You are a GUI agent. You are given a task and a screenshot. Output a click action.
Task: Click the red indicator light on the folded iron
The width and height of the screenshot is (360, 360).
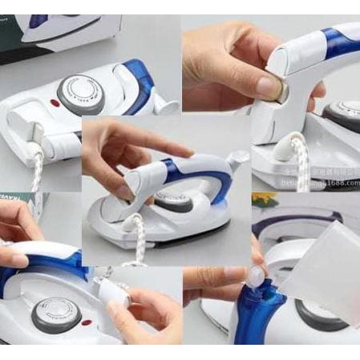coord(56,103)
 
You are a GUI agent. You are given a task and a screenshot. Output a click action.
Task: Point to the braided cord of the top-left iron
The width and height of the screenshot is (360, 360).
coord(37,172)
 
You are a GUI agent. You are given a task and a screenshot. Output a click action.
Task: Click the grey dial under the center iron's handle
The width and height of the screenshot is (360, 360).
coord(177,200)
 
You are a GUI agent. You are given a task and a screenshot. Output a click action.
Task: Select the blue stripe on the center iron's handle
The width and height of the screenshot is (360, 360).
coord(171,172)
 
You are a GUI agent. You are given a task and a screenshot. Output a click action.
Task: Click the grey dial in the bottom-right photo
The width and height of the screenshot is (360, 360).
coord(320,313)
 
